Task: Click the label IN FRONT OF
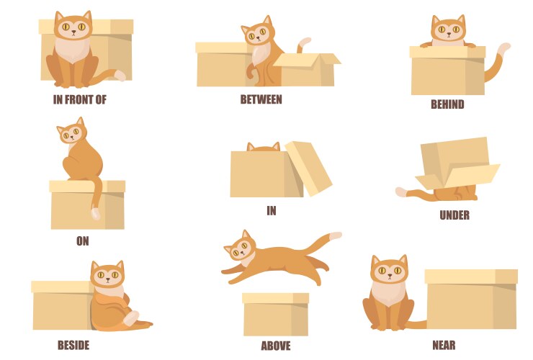[79, 100]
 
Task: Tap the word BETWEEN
[261, 99]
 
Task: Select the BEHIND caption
[447, 104]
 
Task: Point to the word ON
[83, 241]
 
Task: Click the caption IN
[272, 211]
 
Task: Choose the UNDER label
[454, 215]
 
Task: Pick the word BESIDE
[73, 345]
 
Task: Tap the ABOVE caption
[276, 346]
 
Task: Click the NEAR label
[444, 345]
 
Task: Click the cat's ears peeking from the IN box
[263, 147]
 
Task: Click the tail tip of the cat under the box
[401, 192]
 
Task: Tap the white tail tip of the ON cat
[95, 214]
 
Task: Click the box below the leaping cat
[275, 315]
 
